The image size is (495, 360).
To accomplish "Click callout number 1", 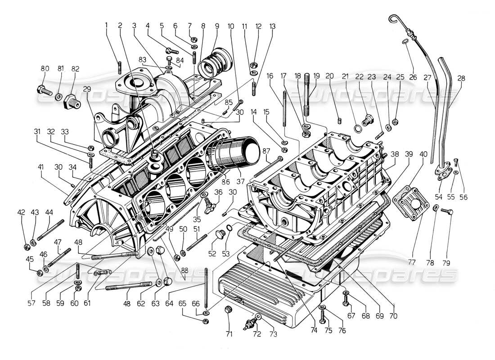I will [107, 26].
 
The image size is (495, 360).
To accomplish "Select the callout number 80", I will [45, 69].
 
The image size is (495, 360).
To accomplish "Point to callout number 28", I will [461, 78].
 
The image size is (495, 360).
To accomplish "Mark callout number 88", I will [184, 270].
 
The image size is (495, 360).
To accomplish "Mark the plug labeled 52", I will [220, 235].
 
